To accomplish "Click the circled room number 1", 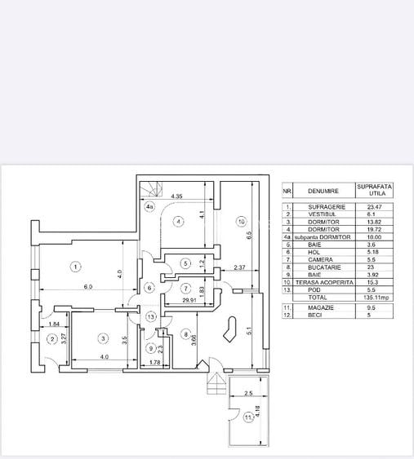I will point(74,267).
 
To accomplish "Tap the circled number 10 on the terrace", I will point(241,220).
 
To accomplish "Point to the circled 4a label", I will point(149,208).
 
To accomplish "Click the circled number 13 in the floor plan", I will point(150,316).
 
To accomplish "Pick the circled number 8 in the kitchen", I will point(185,333).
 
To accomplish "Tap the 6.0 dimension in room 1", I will point(87,286).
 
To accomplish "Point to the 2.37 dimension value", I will point(238,267).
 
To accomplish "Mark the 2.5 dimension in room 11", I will point(248,393).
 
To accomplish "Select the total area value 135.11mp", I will point(381,298).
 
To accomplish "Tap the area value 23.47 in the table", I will point(381,207).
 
